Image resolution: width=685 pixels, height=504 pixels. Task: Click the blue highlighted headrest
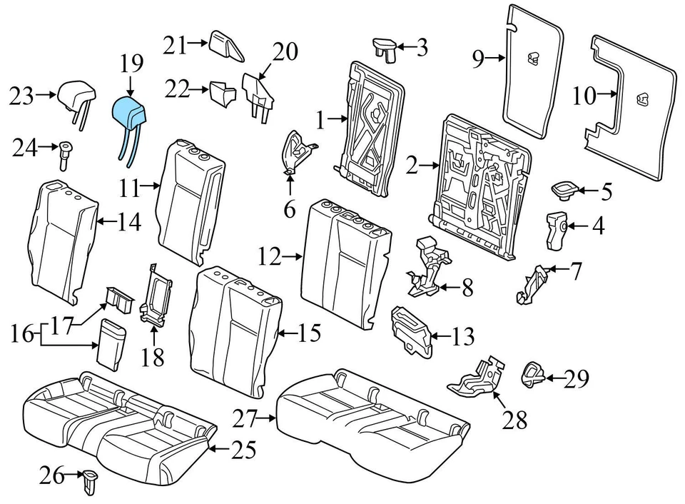coord(130,112)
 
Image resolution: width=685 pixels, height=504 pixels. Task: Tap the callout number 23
coord(22,94)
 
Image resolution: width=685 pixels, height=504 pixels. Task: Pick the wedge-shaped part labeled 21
coord(227,46)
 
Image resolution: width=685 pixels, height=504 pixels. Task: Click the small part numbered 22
coord(222,93)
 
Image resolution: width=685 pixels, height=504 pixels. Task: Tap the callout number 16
coord(22,333)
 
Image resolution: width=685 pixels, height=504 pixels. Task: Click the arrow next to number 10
coord(607,93)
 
